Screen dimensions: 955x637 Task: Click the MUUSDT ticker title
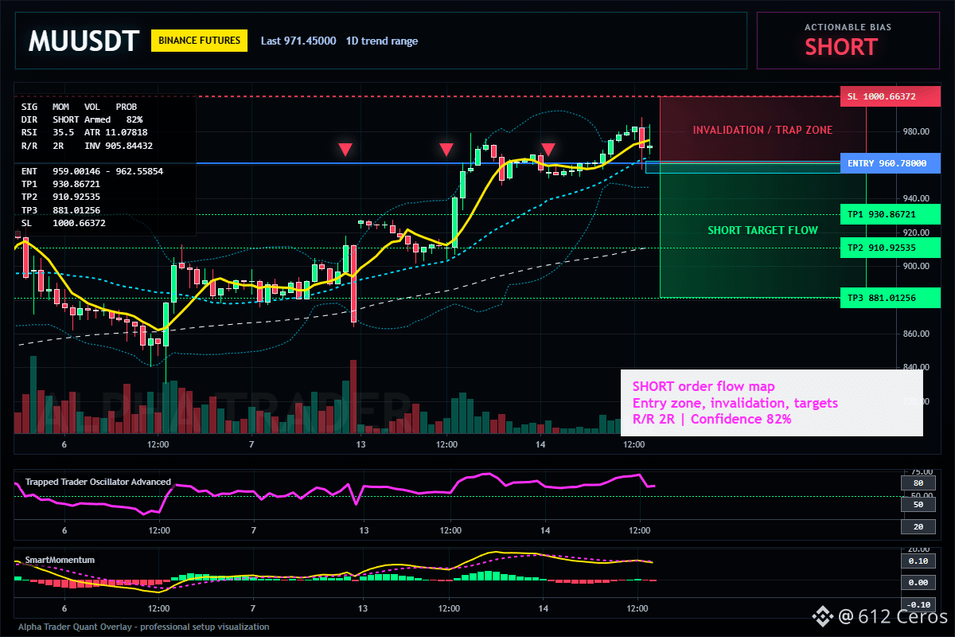84,41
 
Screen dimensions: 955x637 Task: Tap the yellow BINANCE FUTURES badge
199,41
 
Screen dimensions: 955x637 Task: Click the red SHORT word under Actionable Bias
841,47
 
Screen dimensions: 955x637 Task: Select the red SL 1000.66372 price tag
891,96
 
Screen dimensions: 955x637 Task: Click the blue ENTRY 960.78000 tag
891,163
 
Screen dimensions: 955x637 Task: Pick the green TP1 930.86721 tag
891,214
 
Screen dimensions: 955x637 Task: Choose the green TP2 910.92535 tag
891,248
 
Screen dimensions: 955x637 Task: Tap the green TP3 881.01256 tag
891,298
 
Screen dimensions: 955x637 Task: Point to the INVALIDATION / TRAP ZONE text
762,130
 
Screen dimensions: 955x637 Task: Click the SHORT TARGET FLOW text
762,230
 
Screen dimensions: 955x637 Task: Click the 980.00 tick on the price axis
916,131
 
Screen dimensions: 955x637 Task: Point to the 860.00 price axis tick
916,334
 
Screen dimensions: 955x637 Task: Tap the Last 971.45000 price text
298,41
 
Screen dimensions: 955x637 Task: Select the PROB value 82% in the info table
134,120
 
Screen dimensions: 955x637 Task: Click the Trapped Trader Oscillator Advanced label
98,482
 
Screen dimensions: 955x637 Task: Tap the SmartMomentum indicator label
60,560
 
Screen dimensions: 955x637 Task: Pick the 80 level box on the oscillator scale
918,483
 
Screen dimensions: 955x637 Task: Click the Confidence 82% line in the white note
741,419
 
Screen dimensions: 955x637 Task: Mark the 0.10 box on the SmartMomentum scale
918,561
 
